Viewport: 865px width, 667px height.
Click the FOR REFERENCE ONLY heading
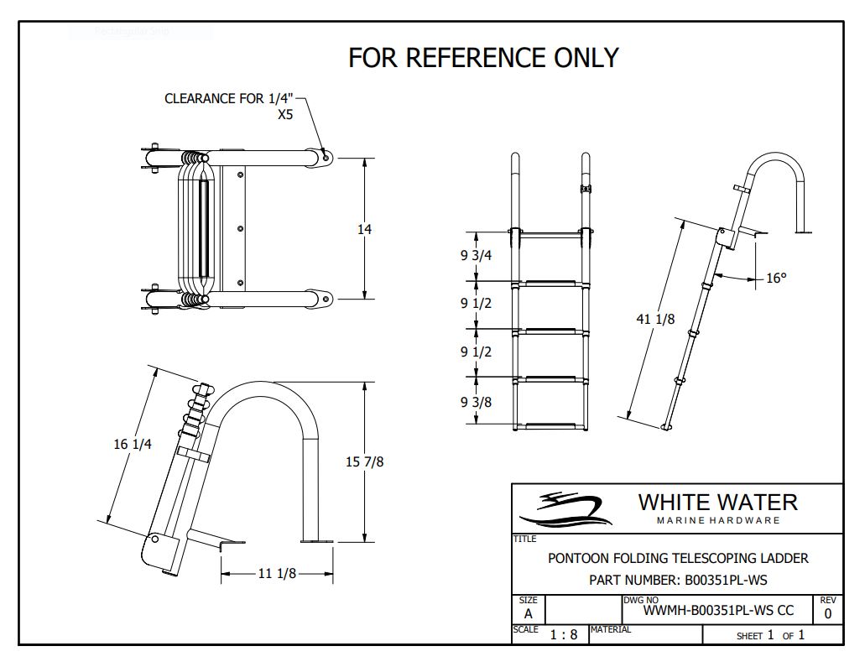pos(483,57)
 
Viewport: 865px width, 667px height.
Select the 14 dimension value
pos(364,228)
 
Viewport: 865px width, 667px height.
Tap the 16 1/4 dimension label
pos(133,444)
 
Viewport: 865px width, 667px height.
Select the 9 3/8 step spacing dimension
pos(476,402)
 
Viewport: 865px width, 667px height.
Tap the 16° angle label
pos(776,278)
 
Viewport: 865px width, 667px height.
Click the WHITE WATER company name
pos(717,503)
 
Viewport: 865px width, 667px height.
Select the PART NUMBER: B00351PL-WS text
pos(678,580)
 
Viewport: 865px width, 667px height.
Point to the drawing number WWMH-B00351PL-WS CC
pos(718,611)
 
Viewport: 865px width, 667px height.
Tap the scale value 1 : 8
pos(563,634)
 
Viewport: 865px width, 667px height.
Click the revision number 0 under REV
pos(828,613)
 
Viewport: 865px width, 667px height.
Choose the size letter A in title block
pos(528,613)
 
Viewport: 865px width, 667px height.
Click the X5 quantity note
pos(285,115)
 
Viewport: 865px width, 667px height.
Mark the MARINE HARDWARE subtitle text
pos(717,520)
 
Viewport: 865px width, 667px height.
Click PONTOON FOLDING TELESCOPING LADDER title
pos(678,558)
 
